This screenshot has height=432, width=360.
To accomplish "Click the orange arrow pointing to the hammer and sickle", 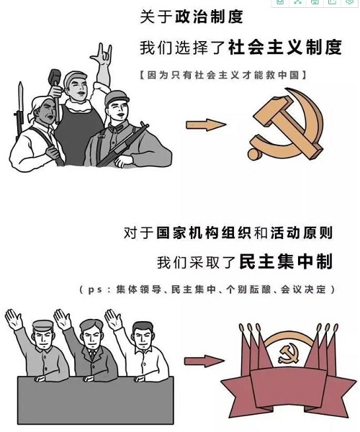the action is tap(206, 125).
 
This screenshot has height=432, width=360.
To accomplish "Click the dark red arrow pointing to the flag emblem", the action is tap(204, 361).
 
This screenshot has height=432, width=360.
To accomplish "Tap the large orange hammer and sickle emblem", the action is tap(287, 125).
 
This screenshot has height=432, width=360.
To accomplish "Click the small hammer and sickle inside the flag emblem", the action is tap(289, 354).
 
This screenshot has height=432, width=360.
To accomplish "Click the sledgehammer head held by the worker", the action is tap(55, 76).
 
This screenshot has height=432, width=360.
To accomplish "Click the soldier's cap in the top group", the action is tap(116, 97).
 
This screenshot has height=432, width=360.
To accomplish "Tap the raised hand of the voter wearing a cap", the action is tap(14, 319).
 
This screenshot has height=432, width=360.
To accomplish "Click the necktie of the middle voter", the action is tap(92, 354).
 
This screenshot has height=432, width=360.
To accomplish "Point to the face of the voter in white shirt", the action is tap(143, 337).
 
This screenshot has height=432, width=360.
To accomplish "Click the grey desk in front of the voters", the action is tap(96, 400).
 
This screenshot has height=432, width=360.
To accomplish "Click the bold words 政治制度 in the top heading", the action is tap(209, 17).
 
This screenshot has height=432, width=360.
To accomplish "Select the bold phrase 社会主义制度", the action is tap(285, 47).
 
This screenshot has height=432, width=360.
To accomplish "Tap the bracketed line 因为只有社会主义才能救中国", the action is tap(223, 75).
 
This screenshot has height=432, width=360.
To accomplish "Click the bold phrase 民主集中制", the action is tap(286, 261).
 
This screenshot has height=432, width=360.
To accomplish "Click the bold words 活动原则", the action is tap(302, 233).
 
